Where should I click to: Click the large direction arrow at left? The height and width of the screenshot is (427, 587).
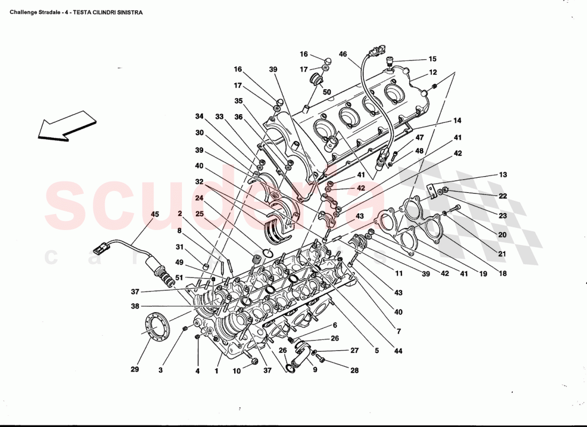(x=67, y=126)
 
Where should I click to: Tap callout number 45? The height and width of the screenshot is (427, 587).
(x=155, y=215)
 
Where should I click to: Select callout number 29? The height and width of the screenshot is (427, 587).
(x=135, y=369)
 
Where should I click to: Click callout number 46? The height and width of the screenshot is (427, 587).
(x=343, y=54)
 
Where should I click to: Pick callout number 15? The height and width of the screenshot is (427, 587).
(x=432, y=59)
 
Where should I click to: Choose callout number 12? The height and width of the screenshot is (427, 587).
(x=432, y=72)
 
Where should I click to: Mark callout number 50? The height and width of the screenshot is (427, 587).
(x=327, y=92)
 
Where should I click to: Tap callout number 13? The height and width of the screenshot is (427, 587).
(x=503, y=175)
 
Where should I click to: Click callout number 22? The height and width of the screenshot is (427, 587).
(x=503, y=196)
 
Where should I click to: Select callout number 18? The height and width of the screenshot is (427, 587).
(x=503, y=273)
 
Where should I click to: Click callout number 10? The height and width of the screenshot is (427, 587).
(x=236, y=370)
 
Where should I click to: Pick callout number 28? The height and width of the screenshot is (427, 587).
(x=354, y=370)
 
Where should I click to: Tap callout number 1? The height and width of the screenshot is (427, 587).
(x=217, y=370)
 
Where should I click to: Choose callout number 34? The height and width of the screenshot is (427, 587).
(x=199, y=116)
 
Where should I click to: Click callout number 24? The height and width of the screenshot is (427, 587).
(x=199, y=199)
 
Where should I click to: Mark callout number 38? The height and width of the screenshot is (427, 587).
(x=135, y=306)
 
